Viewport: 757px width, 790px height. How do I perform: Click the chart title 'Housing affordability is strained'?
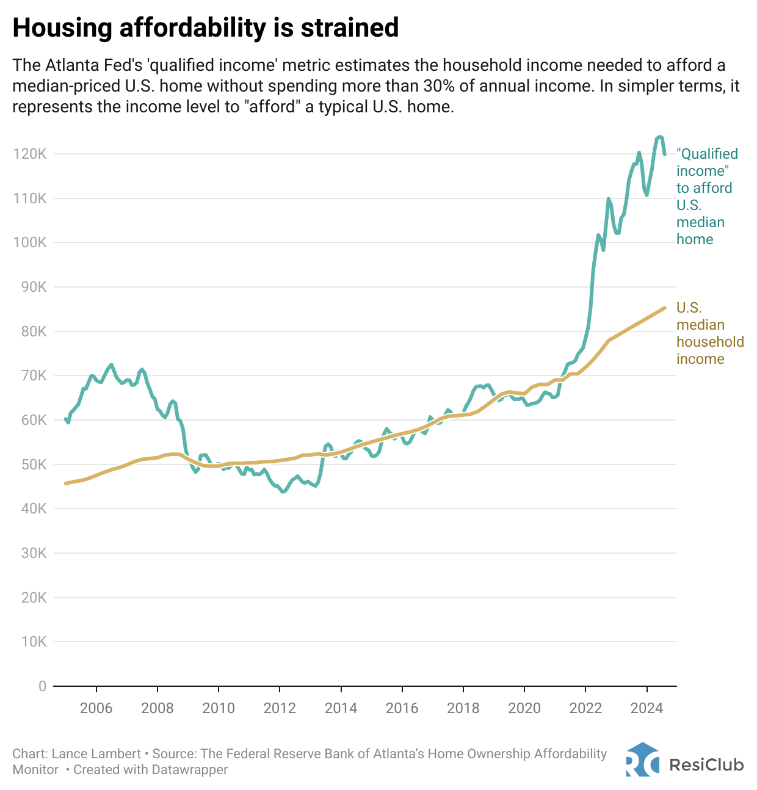(206, 28)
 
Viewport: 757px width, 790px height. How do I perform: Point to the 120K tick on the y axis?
(29, 154)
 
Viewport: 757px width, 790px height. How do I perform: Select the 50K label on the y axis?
(30, 465)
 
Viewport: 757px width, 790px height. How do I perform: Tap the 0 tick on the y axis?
(42, 686)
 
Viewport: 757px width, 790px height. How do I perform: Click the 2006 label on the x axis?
(96, 708)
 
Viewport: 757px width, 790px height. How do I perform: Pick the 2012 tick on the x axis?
(280, 708)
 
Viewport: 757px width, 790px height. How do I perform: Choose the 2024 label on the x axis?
(647, 708)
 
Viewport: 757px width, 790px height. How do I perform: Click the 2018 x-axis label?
(463, 708)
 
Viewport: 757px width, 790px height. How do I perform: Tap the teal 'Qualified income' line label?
(706, 196)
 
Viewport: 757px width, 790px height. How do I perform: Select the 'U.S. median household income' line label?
(709, 333)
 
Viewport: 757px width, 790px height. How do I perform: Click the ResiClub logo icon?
(642, 760)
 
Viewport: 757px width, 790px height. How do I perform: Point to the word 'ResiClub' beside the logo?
(706, 764)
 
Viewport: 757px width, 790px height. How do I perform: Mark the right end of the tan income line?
(664, 308)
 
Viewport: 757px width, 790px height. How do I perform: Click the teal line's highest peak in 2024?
(659, 137)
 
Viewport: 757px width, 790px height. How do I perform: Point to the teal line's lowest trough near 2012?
(283, 491)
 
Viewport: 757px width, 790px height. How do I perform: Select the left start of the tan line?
(65, 484)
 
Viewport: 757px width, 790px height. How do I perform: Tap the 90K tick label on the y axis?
(30, 287)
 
